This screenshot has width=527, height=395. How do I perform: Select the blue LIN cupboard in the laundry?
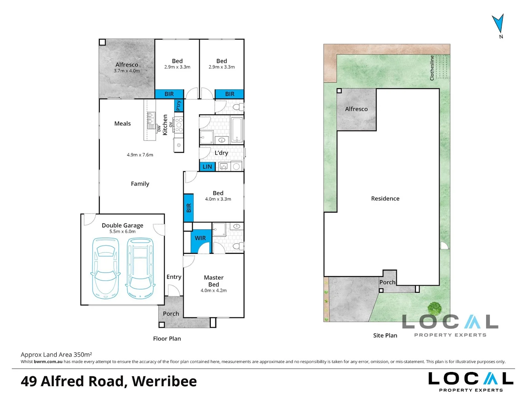[207, 167]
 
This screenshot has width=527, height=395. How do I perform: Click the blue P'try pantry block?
[179, 105]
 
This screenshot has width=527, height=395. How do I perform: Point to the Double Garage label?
[123, 225]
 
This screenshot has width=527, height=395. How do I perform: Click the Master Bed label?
[213, 281]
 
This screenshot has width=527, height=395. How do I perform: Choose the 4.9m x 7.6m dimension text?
[140, 155]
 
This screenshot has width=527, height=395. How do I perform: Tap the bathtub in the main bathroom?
[237, 130]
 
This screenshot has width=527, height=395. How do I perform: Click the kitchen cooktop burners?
[179, 125]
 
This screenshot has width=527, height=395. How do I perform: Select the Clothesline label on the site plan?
[432, 68]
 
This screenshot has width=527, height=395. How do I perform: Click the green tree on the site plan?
[434, 309]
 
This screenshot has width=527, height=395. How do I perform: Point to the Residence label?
[385, 199]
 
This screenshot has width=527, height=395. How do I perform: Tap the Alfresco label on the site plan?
[356, 109]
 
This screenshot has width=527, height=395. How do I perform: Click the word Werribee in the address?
[164, 381]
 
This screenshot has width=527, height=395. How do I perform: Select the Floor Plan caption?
[167, 338]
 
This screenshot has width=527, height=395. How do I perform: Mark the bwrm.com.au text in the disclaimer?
[48, 362]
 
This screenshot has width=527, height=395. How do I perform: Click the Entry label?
[174, 277]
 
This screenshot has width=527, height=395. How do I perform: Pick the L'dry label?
[221, 153]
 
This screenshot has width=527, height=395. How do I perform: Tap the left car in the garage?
[105, 268]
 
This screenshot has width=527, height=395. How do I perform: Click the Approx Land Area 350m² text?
[56, 354]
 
